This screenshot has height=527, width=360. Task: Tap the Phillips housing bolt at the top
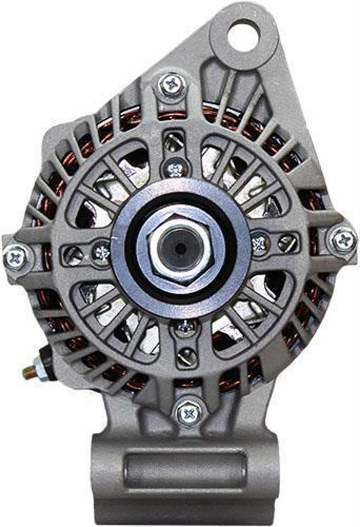point(172,85)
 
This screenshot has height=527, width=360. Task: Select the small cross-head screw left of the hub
point(101,253)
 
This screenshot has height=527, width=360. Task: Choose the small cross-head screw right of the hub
point(259,242)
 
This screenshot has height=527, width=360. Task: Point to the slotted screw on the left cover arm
point(73,253)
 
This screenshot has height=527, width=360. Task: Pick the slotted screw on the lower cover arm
point(187,356)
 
